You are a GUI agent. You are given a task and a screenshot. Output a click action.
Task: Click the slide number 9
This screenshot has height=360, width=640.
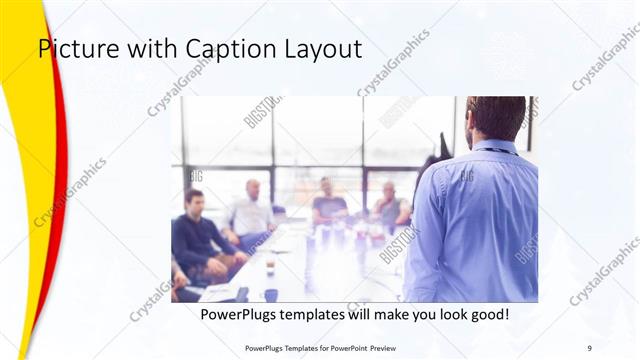(x=590, y=348)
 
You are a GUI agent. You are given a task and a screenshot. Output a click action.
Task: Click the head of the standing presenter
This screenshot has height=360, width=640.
(x=496, y=117)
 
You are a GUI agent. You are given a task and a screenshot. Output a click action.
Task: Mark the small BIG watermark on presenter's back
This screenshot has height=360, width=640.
(x=467, y=177)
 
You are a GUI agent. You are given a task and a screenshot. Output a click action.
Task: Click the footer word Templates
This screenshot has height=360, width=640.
(x=290, y=348)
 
